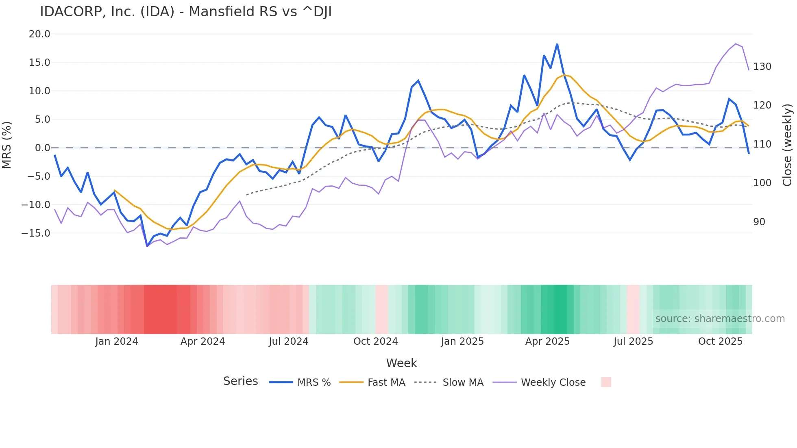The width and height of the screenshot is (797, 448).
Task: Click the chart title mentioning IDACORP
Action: tap(186, 12)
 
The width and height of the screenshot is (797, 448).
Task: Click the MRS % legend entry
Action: tap(314, 383)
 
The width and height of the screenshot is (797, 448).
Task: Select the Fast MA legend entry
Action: tap(386, 383)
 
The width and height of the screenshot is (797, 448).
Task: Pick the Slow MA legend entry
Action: tap(463, 383)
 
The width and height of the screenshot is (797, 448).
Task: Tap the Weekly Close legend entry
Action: tap(553, 383)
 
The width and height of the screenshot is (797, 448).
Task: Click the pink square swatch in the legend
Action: tap(606, 382)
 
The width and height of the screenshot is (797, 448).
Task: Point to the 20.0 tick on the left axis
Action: tap(39, 34)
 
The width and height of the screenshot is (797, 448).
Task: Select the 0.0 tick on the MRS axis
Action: tap(42, 148)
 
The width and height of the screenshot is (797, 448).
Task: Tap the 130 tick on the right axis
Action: tap(762, 67)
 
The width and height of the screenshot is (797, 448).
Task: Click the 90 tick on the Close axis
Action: tap(759, 222)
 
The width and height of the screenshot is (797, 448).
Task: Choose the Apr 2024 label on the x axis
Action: tap(203, 341)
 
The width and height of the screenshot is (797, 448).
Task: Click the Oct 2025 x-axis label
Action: tap(720, 341)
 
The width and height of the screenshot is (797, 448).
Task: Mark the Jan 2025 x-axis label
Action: tap(462, 341)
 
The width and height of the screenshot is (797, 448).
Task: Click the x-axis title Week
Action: tap(401, 363)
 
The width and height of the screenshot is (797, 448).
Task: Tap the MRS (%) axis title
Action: tap(7, 145)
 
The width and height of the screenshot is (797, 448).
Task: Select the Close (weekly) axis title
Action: tap(787, 145)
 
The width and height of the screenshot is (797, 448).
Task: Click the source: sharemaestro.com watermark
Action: tap(720, 319)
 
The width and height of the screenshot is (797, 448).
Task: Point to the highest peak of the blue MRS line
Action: tap(557, 44)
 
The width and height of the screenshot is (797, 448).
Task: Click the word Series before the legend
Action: tap(240, 381)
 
